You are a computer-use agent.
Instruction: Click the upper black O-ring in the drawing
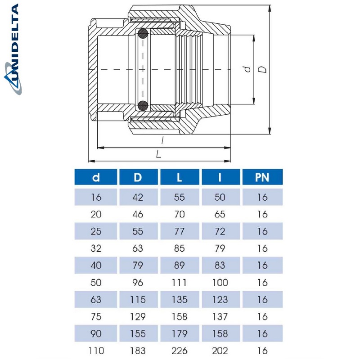point(143,34)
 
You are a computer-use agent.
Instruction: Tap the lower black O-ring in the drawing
point(143,106)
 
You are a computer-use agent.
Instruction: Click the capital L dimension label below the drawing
point(158,154)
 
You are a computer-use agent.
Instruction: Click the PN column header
point(262,177)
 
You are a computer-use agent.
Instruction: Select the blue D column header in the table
point(138,177)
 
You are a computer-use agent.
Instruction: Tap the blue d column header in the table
point(96,177)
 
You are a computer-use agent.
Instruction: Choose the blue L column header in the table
point(179,177)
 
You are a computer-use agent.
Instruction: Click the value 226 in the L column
point(179,351)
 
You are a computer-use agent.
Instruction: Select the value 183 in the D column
point(138,351)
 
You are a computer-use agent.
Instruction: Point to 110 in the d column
point(96,351)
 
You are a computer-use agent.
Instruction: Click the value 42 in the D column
point(138,197)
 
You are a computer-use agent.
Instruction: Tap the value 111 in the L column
point(179,282)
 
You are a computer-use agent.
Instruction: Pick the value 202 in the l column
point(220,351)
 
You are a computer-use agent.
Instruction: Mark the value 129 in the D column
point(138,316)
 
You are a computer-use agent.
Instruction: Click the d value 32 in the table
point(96,248)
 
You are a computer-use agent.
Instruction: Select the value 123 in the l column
point(220,299)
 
